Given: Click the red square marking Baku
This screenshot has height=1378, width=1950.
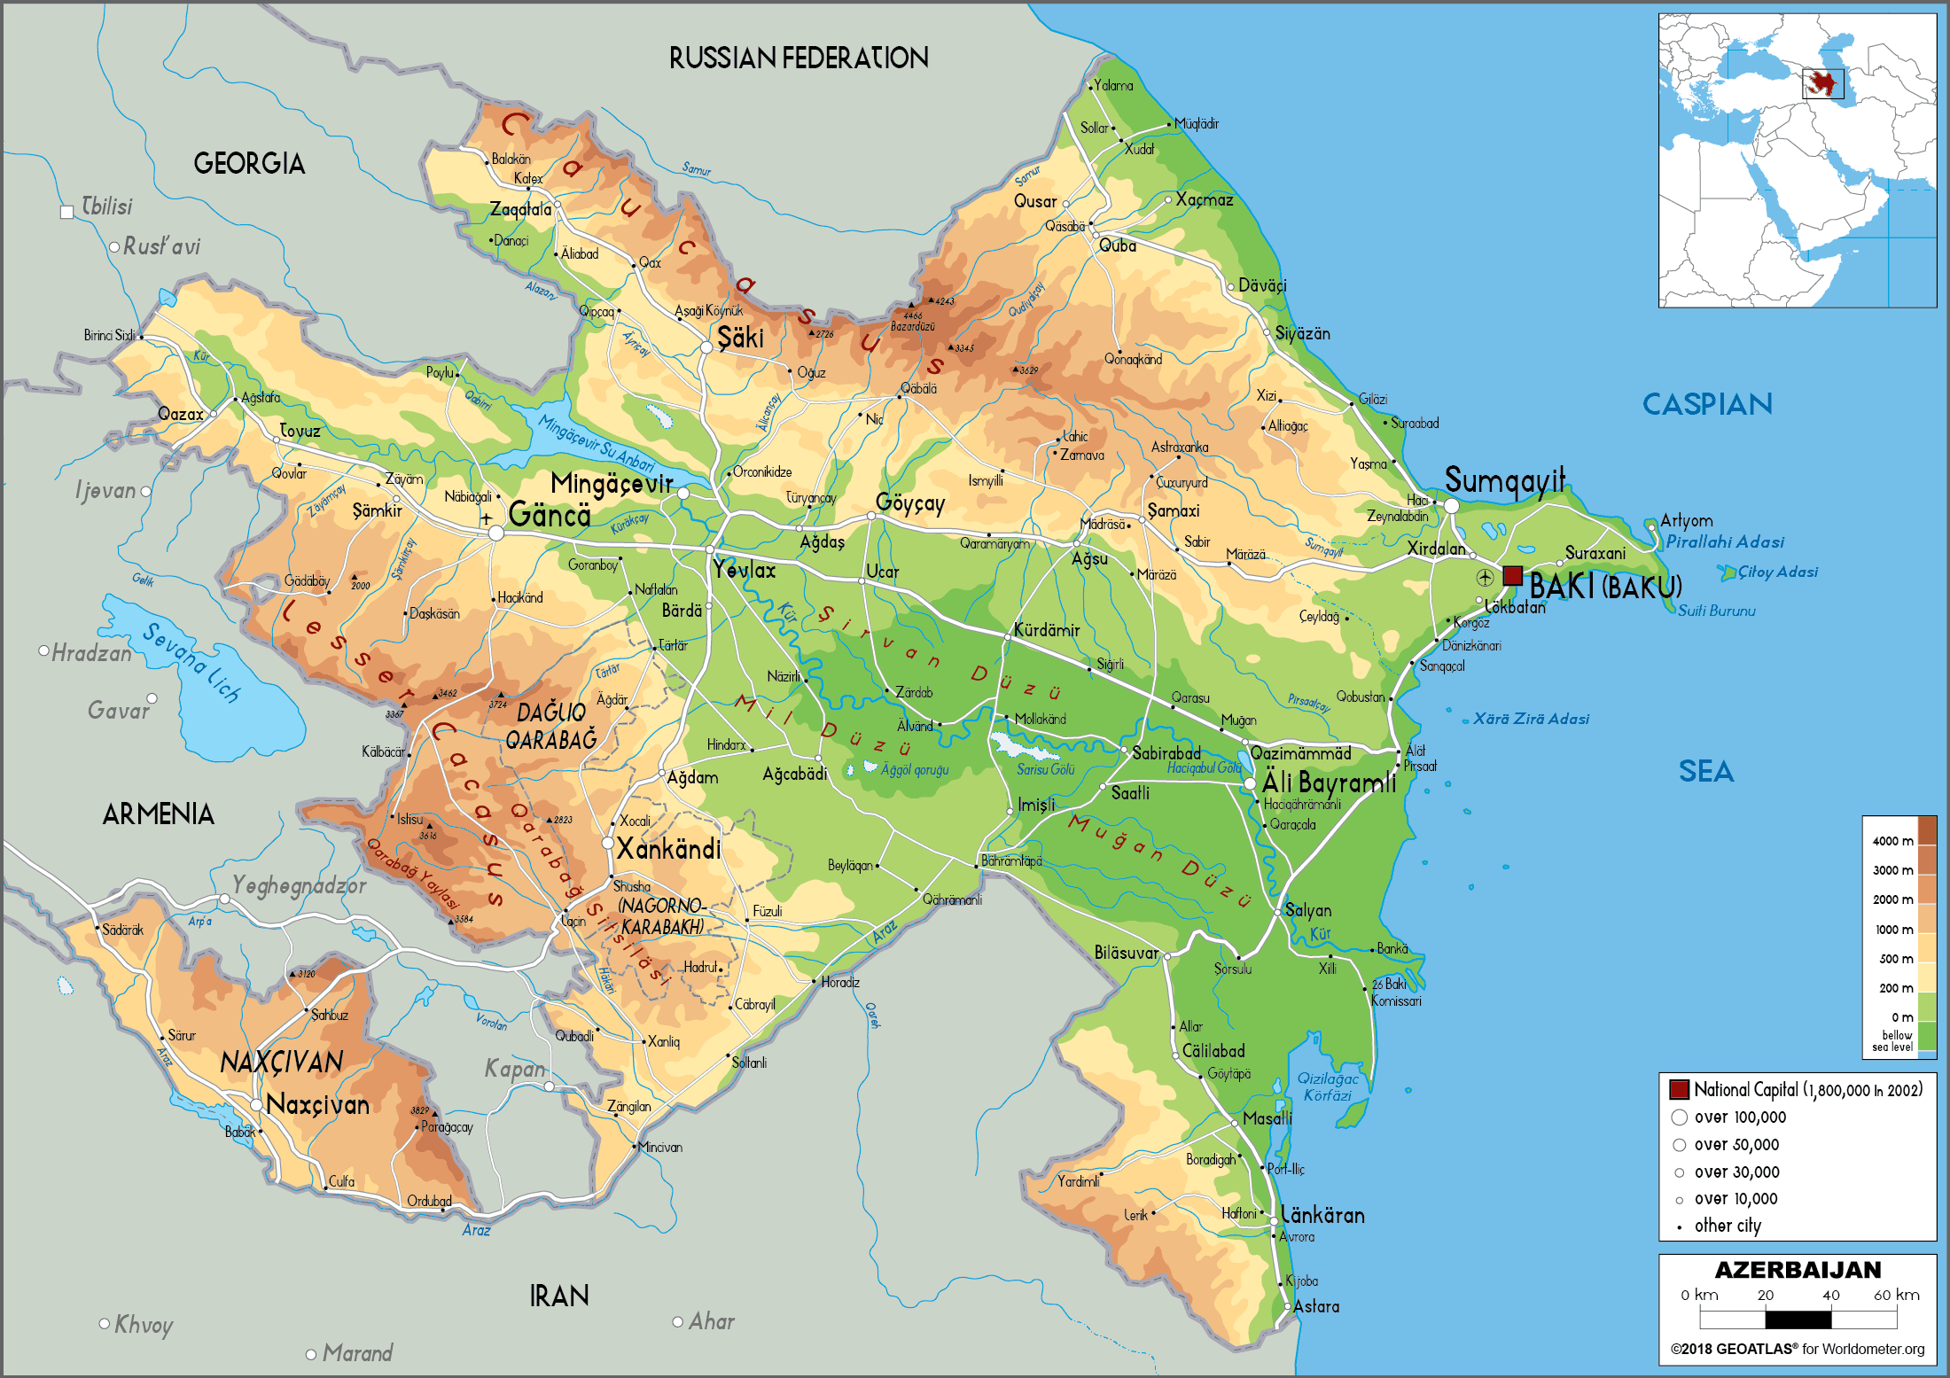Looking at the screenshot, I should [1512, 576].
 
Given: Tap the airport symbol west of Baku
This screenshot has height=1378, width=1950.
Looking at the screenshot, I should [1485, 578].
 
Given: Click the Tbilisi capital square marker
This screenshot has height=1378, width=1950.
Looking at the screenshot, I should [66, 212].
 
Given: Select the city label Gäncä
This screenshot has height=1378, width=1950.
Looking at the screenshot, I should [550, 515].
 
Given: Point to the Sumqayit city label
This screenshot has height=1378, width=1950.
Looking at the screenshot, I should [1505, 479].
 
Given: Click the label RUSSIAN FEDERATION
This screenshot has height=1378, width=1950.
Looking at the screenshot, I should [798, 58].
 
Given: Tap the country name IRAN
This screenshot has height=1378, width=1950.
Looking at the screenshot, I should [558, 1296].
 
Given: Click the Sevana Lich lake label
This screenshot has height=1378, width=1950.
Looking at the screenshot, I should [191, 662].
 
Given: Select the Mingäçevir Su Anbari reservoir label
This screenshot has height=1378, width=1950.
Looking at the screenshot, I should [597, 444].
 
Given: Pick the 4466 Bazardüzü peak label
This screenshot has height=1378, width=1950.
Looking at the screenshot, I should [913, 321].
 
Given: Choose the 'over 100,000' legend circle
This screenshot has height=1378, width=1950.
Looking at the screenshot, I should [1679, 1117].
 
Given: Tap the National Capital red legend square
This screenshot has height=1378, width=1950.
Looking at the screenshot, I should [1679, 1089].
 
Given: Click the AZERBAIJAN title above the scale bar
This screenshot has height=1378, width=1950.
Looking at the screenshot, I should [1798, 1270].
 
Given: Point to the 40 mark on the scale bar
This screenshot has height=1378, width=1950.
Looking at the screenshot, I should [1830, 1295].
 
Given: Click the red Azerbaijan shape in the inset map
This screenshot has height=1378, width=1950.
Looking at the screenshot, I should [1821, 83].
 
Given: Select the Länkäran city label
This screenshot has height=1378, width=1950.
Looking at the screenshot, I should [1322, 1215].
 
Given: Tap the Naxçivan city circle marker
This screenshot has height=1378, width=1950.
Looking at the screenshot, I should [256, 1105].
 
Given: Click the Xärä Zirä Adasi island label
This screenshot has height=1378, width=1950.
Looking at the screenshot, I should [1531, 719].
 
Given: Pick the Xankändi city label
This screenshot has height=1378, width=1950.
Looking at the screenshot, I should [668, 849].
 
